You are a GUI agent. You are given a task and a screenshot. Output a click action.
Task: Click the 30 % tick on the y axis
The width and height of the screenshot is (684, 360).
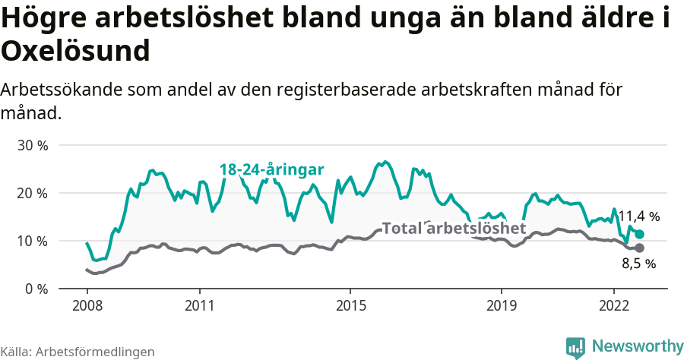[x=33, y=145]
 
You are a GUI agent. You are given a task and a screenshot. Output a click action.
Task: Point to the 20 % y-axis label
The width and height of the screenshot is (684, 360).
[x=33, y=193]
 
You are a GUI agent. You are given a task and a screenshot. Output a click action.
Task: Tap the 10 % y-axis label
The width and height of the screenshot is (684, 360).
[x=33, y=241]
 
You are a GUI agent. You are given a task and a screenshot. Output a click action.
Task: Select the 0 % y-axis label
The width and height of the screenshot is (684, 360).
[x=36, y=289]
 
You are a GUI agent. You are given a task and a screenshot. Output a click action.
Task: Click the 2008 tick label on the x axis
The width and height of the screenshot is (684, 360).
[x=87, y=305]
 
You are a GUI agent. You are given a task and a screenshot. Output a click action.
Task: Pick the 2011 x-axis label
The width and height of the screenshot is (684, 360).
[x=199, y=305]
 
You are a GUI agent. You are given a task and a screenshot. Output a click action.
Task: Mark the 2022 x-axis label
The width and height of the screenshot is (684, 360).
[x=613, y=305]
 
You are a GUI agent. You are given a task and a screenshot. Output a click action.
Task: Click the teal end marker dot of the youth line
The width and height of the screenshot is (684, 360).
[x=639, y=235]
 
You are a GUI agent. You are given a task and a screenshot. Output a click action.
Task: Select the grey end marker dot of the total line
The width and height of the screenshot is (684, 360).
[x=639, y=248]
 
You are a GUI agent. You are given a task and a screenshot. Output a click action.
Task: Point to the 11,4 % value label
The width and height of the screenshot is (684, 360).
[x=638, y=216]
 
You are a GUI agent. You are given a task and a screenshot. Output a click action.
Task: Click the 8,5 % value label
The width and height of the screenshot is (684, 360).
[x=638, y=264]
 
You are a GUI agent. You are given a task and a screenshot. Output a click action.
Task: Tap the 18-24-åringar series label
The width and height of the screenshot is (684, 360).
[x=272, y=169]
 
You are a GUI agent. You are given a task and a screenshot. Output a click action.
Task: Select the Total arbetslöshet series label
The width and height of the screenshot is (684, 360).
[x=454, y=228]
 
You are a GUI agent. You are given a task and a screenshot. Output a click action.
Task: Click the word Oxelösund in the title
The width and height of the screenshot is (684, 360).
[x=74, y=52]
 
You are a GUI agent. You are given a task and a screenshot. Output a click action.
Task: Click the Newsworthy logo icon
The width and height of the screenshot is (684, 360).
[x=575, y=346]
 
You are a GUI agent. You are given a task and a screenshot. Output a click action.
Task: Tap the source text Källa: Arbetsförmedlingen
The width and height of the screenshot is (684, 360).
[x=78, y=352]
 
